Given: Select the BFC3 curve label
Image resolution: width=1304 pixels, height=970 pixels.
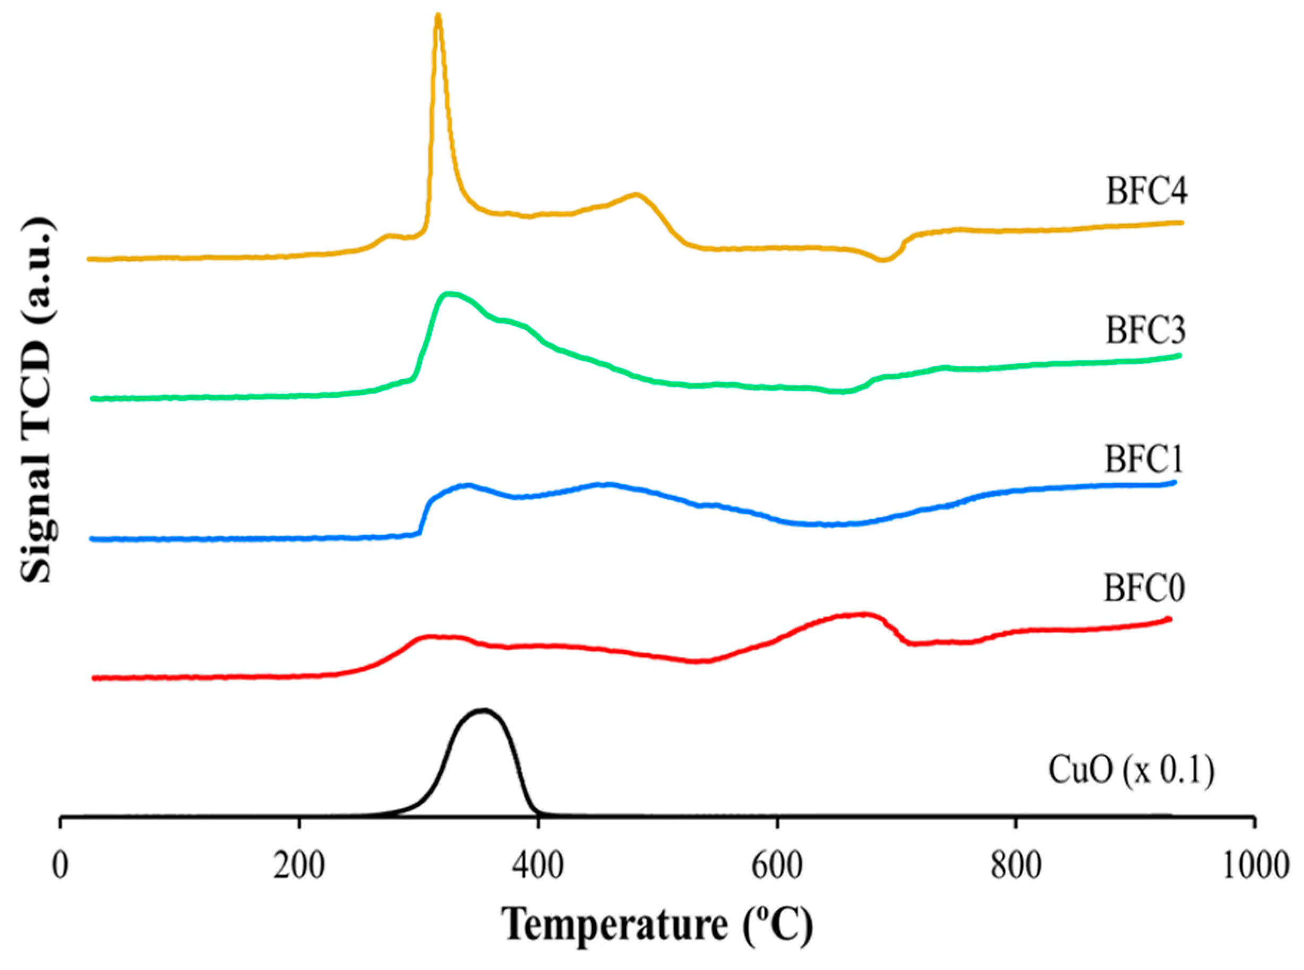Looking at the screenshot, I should (1145, 331).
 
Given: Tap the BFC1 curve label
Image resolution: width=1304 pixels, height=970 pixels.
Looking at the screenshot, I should (1144, 459).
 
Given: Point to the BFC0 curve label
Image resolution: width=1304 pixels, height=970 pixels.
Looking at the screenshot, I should (1144, 589).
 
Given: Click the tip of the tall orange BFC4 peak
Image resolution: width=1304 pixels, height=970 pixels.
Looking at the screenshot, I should (437, 16).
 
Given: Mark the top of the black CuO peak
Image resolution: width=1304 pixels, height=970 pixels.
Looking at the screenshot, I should (483, 710).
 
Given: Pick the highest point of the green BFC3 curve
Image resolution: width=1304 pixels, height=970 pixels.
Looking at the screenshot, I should (449, 294).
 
